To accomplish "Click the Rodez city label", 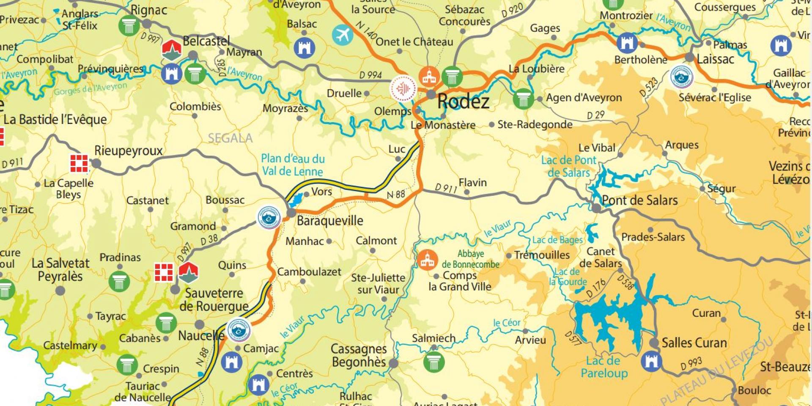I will tap(463, 101).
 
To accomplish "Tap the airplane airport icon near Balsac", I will tap(342, 35).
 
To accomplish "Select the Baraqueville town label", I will tap(330, 220).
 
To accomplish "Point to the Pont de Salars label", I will tap(639, 200).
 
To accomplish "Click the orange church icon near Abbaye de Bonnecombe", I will tap(427, 260).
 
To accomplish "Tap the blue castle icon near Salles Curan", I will tap(651, 361).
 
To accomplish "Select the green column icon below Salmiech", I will tap(433, 362).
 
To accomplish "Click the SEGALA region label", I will tap(230, 138).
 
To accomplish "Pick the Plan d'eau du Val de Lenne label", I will tap(293, 165).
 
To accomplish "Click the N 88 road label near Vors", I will tap(396, 195).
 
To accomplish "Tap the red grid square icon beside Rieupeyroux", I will tap(79, 163).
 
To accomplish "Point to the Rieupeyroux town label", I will tap(128, 151).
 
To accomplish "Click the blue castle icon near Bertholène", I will tap(627, 43).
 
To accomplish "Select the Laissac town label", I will tap(715, 59).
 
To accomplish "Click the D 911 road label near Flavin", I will tap(446, 188).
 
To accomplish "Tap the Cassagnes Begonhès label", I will tap(359, 355).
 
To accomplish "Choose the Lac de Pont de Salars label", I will tap(568, 166).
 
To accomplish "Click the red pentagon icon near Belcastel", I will tap(172, 49).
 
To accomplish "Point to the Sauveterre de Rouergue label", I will tap(214, 299).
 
